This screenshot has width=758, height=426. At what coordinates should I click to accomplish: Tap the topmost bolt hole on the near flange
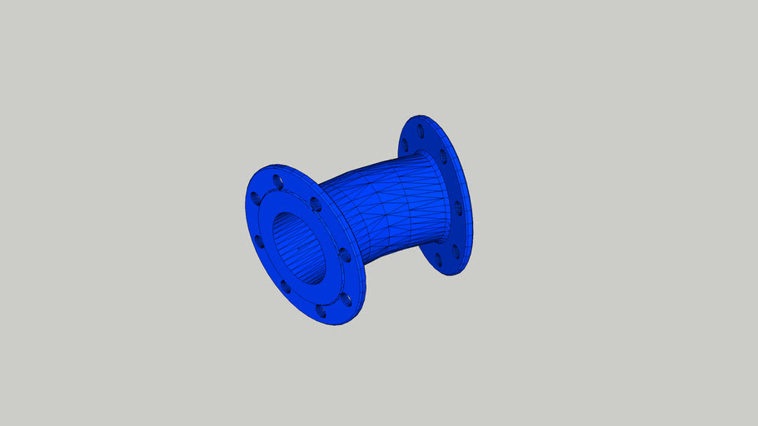click(277, 176)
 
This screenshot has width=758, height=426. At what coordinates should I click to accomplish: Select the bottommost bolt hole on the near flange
click(321, 310)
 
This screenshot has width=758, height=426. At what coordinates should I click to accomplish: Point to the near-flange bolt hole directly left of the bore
click(257, 241)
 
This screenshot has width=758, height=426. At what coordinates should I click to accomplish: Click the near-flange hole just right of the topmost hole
click(314, 202)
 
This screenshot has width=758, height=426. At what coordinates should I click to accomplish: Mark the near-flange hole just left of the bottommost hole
click(285, 287)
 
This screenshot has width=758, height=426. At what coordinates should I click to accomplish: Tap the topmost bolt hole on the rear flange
click(421, 131)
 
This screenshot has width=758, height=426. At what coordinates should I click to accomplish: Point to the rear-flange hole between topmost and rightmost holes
click(443, 156)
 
